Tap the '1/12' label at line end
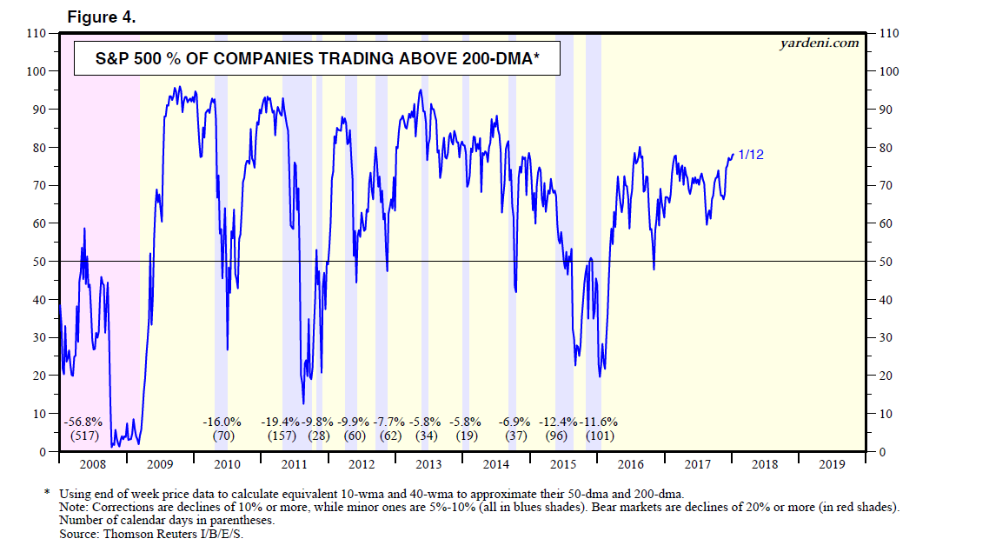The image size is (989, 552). click(x=750, y=155)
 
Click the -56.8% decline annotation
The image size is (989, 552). click(x=85, y=422)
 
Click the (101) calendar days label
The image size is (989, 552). click(x=599, y=435)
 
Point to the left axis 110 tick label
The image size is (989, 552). click(x=35, y=33)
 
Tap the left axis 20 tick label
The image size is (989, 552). click(x=38, y=376)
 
